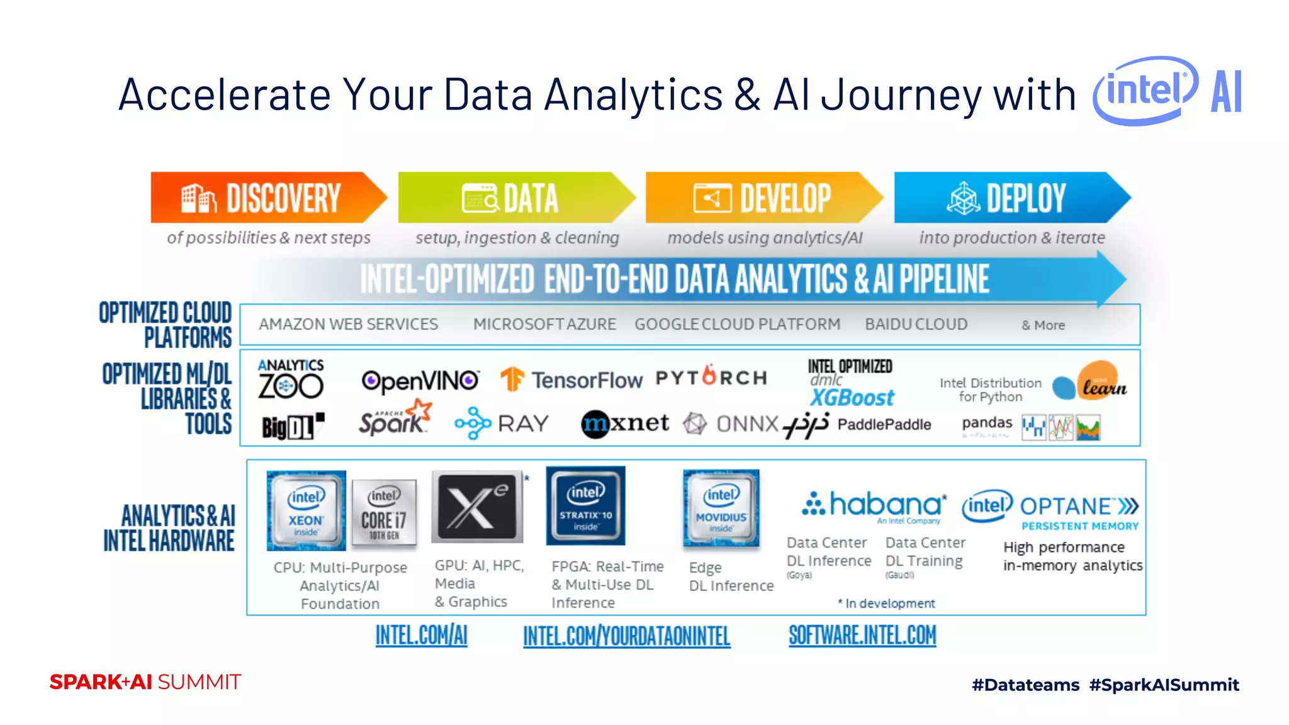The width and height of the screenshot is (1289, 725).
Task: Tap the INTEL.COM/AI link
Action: pos(421,636)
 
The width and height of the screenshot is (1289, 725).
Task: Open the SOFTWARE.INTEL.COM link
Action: pos(862,636)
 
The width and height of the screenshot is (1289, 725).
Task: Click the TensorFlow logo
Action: pos(571,379)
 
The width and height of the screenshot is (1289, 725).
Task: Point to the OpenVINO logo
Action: pos(420,381)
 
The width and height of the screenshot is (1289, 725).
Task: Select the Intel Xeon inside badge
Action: pos(306,510)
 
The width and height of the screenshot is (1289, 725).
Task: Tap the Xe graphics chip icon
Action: pos(478,507)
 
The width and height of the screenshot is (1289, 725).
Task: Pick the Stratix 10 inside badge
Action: pos(585,505)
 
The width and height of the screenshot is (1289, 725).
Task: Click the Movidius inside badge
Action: pos(721,508)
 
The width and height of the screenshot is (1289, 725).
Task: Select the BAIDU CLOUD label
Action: pos(916,324)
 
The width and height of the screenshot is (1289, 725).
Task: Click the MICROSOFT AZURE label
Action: pos(544,324)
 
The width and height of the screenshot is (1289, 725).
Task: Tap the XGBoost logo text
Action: pos(852,398)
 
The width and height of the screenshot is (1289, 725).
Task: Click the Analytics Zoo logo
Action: pos(290,379)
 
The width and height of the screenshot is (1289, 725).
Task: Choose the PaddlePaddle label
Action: pos(884,424)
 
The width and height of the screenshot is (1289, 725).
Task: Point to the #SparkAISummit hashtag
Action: pos(1164,685)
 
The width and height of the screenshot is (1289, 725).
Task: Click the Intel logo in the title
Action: pos(1145,91)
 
